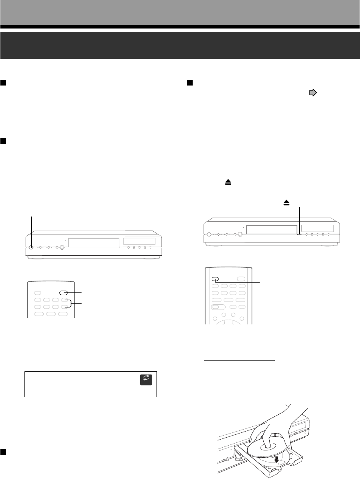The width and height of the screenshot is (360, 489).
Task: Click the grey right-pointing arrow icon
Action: click(x=312, y=93)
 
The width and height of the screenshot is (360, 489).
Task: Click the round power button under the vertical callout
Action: click(x=31, y=247)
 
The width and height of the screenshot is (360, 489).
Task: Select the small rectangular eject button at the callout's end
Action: click(x=299, y=233)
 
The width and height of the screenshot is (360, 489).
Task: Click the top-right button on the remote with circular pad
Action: click(x=241, y=279)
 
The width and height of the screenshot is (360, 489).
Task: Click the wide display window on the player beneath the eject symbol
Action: click(x=271, y=229)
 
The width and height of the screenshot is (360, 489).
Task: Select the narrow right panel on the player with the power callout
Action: click(x=139, y=241)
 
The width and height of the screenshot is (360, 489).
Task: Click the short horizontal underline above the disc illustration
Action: click(x=240, y=360)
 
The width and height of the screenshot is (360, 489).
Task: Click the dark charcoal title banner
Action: click(x=180, y=45)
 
